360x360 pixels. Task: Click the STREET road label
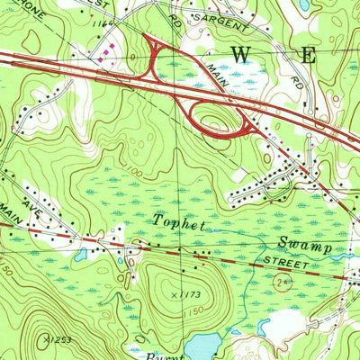(287, 263)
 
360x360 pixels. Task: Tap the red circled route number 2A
(282, 283)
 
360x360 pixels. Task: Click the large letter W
(242, 54)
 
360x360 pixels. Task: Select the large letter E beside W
(309, 54)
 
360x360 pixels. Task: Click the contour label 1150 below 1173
(192, 311)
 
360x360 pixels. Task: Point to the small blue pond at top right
(303, 4)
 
